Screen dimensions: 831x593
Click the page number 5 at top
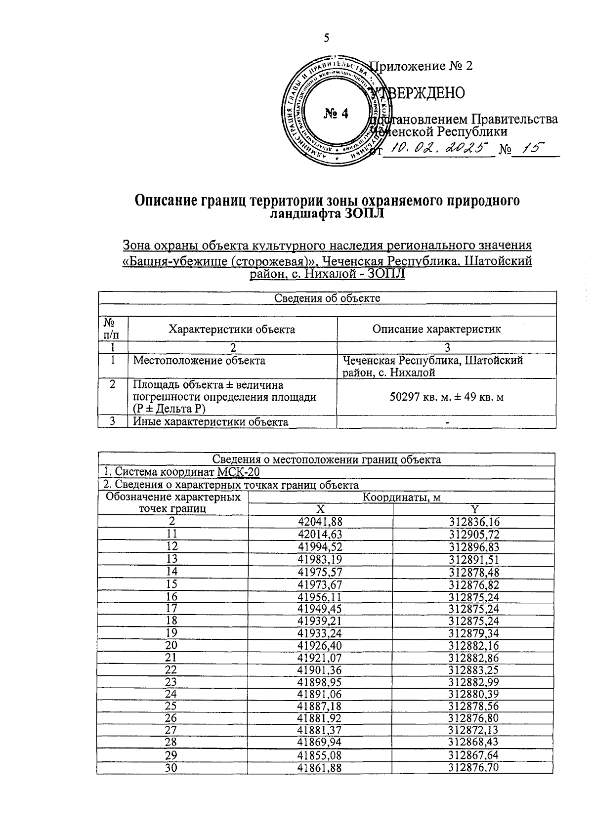(326, 38)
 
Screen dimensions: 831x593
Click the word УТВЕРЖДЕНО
(420, 92)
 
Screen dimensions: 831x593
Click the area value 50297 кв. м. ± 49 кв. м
(447, 397)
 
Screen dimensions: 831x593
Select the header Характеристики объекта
(232, 330)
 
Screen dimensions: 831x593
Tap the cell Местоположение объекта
(199, 361)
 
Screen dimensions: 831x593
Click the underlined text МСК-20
(238, 472)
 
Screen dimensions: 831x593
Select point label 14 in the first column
(172, 572)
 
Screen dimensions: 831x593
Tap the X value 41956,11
(320, 597)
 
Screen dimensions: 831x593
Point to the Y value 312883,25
(474, 670)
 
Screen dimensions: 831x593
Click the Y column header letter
(474, 509)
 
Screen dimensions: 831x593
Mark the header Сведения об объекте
(327, 298)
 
